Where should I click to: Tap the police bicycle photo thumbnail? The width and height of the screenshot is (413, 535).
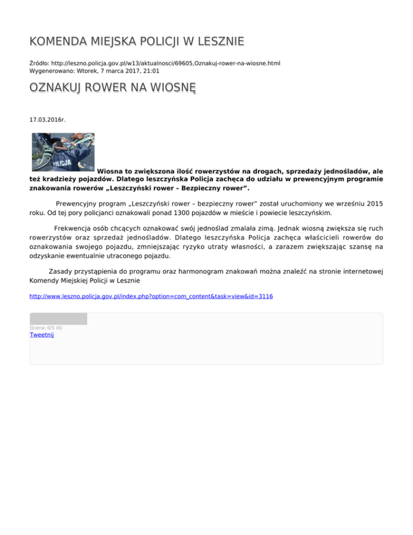(x=62, y=152)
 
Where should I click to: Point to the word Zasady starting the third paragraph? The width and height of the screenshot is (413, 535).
(x=61, y=271)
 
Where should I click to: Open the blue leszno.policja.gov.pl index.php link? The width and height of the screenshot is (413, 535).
(x=151, y=296)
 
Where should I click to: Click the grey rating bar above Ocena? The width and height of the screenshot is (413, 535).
(x=58, y=319)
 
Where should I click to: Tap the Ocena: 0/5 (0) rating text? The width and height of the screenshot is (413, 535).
(x=46, y=327)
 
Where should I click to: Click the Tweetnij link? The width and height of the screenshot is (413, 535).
(x=41, y=335)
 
